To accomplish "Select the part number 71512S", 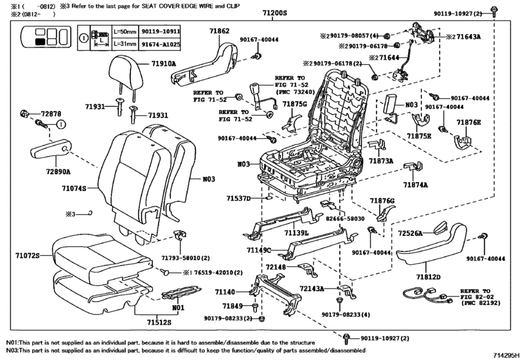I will (155, 321).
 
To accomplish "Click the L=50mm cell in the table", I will (124, 31).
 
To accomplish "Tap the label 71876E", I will (468, 122).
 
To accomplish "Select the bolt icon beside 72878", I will (25, 114).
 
